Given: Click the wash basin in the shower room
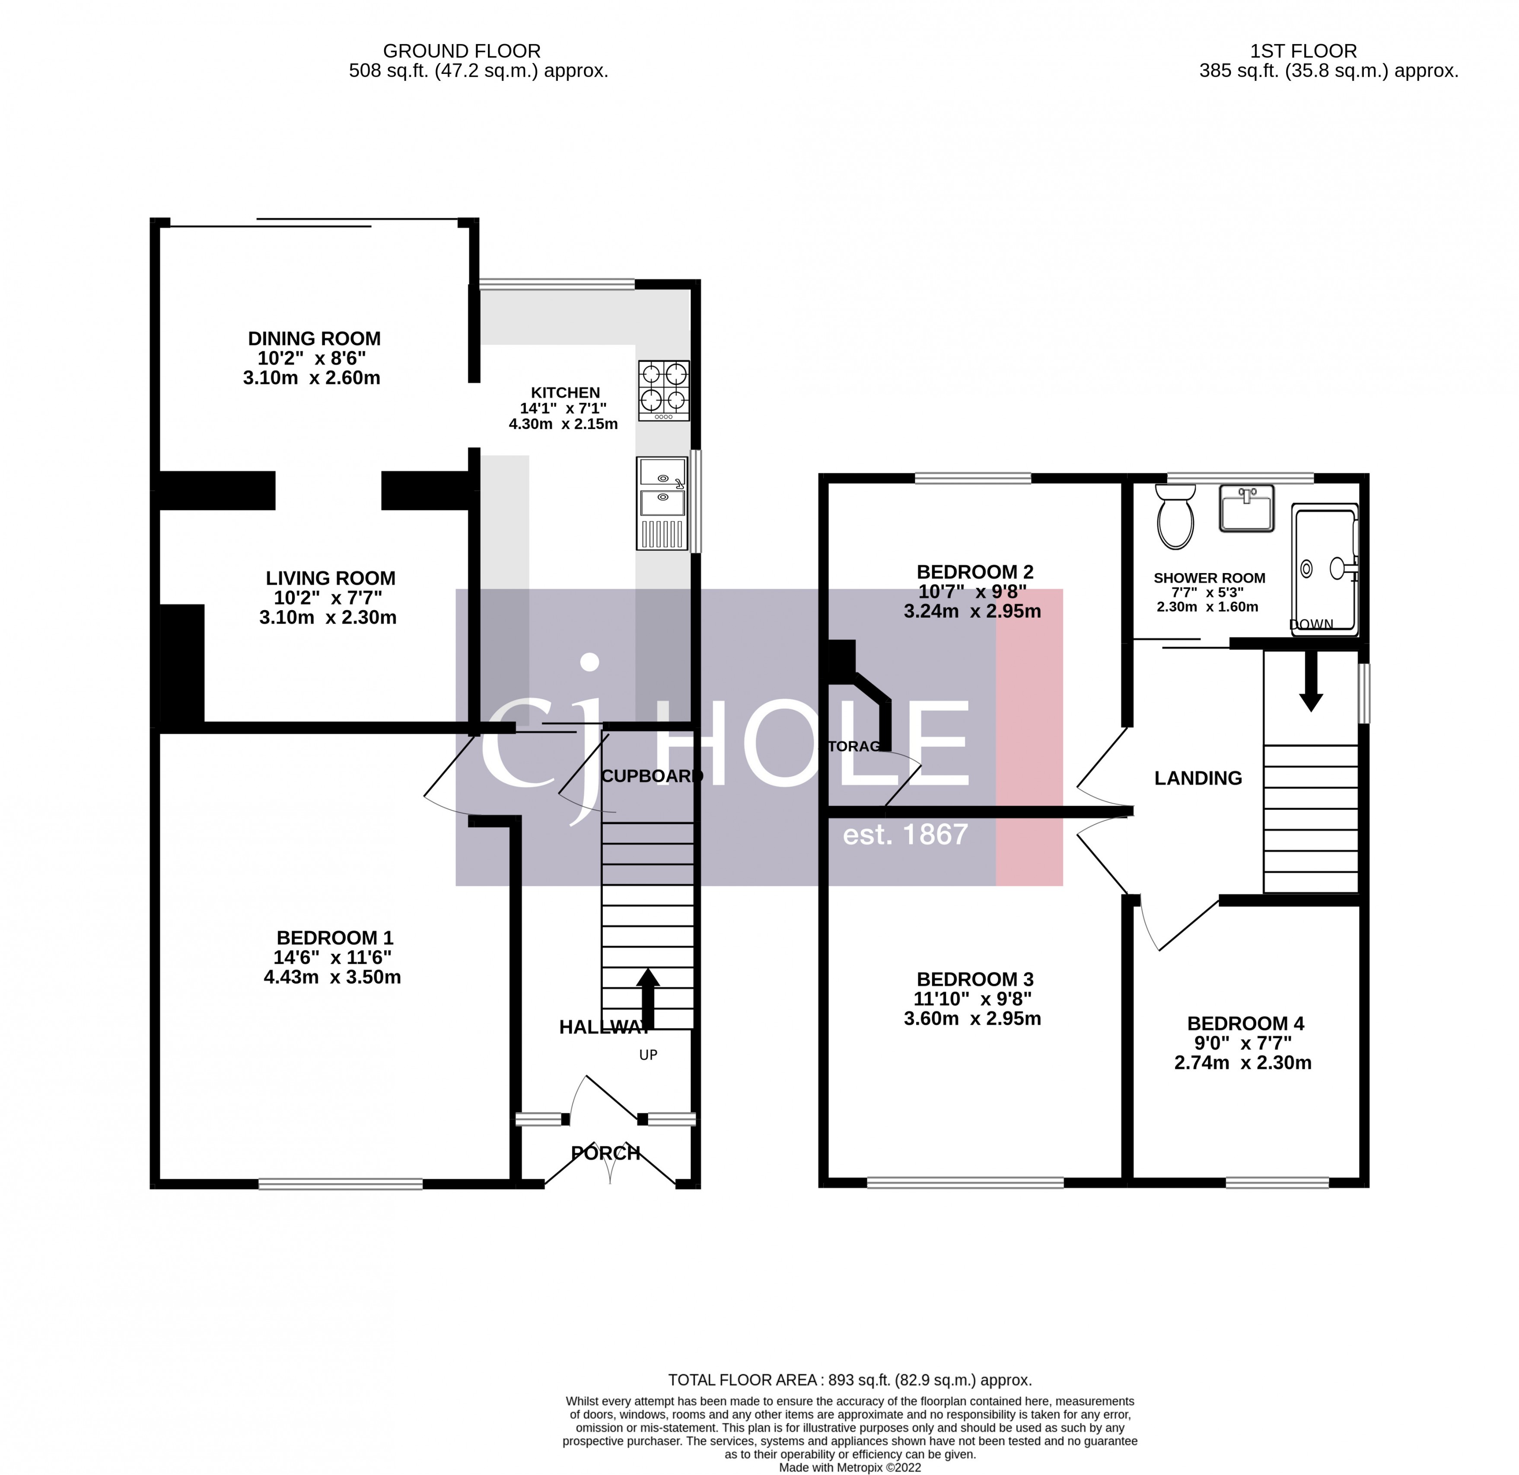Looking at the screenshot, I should (1246, 509).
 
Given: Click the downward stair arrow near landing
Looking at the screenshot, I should (1311, 680).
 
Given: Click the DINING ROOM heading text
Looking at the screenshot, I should (314, 339).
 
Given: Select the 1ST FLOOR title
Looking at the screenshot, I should (1303, 51).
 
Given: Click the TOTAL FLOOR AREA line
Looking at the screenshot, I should (850, 1379).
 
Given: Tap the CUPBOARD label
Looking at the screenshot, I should (651, 776).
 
